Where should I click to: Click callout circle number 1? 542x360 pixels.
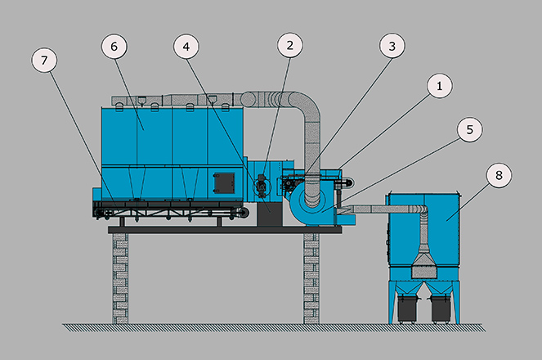(x=439, y=85)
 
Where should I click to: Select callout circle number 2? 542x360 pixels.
(x=289, y=45)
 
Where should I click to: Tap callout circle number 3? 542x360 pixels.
(x=392, y=46)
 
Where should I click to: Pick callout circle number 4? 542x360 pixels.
(x=186, y=47)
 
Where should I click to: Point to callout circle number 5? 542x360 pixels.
(x=469, y=130)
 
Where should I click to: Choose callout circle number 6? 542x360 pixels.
(x=114, y=47)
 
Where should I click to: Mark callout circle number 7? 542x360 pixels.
(x=44, y=61)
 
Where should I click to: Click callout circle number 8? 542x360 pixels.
(x=499, y=175)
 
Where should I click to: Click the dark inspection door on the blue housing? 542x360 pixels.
(x=224, y=183)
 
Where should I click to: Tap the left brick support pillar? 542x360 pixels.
(x=120, y=278)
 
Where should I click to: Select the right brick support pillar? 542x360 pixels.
(x=311, y=278)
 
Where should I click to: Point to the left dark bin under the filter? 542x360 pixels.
(x=406, y=308)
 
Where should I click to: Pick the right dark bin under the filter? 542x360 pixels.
(x=441, y=308)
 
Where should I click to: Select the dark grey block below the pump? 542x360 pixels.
(x=270, y=214)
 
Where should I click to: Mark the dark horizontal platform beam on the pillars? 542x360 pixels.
(x=225, y=230)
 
